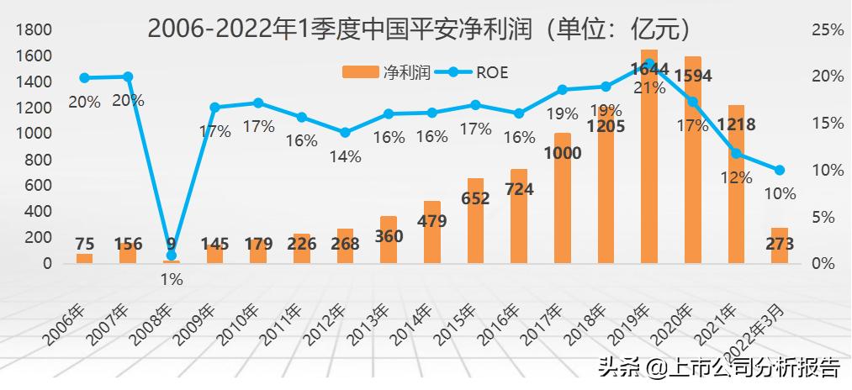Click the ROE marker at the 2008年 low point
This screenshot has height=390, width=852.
pos(172,255)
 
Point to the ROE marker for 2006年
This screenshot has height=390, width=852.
pos(84,77)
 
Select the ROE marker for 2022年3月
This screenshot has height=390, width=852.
pos(780,170)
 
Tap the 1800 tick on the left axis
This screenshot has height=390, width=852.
pos(35,30)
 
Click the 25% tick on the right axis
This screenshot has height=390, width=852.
pos(827,30)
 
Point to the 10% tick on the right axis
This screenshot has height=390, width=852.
pos(827,170)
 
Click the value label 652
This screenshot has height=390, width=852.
pos(474,200)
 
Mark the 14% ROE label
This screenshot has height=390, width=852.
pos(345,155)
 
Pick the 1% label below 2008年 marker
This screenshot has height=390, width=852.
pos(172,279)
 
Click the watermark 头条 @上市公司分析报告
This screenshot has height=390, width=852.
pos(718,367)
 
